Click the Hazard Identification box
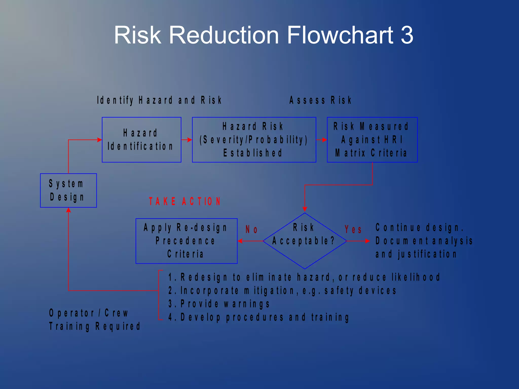pos(141,140)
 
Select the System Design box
pos(68,190)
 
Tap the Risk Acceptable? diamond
pos(305,241)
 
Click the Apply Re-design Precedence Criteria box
pos(186,241)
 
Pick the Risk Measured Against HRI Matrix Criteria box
pos(372,140)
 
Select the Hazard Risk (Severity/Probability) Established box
pos(254,140)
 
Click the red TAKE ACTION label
pos(185,202)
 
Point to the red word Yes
pos(353,229)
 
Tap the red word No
pos(251,229)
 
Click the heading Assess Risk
pos(321,100)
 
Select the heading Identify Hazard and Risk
pos(159,100)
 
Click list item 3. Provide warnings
pos(219,304)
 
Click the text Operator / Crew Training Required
pos(95,320)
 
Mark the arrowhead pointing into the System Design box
pos(68,210)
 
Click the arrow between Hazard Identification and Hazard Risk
pos(187,140)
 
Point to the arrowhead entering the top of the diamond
pos(305,209)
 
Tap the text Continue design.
pos(419,227)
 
